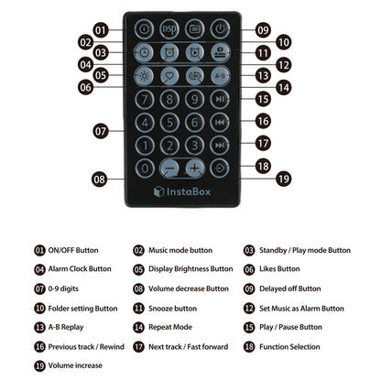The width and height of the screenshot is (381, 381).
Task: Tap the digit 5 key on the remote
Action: coord(169,123)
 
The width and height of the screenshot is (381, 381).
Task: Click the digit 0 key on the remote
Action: coord(145,169)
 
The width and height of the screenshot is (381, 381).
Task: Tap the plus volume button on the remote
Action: coord(195,168)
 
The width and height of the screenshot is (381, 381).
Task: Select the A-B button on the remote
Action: coord(220,76)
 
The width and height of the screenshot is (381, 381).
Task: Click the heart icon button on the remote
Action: coord(169,76)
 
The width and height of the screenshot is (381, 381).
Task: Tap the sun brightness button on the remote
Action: coord(145,76)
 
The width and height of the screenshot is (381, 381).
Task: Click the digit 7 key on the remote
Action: coord(145,99)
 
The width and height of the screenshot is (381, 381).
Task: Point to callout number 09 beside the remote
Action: coord(263,30)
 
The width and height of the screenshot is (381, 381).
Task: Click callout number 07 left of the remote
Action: coord(101,131)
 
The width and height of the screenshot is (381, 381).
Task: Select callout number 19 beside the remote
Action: coord(284,179)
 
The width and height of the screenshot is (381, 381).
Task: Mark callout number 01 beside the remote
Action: coord(101,30)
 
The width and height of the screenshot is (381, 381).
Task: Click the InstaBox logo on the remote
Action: coord(182,191)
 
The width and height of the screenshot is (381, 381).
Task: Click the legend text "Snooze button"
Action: coord(172,309)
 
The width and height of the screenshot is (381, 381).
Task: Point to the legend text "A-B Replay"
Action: coord(66,327)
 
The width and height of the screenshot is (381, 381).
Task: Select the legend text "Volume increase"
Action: coord(75,365)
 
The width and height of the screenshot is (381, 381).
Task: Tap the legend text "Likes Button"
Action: coord(279,269)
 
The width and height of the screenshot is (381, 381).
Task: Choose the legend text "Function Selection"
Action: coord(289,347)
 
